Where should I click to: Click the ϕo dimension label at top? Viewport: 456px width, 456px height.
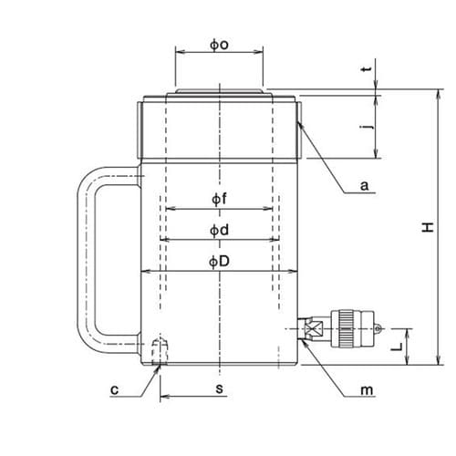tap(219, 45)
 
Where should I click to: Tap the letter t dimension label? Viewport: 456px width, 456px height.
tap(368, 69)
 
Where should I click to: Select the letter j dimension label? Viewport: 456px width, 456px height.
tap(368, 127)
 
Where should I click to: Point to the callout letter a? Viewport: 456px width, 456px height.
tap(364, 185)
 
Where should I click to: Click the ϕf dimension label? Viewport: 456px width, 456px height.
tap(219, 199)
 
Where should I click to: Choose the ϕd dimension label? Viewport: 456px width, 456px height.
tap(219, 230)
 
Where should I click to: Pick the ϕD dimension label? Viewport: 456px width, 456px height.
tap(219, 262)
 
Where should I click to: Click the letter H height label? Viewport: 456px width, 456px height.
tap(428, 227)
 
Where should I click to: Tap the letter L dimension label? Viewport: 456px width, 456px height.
tap(397, 347)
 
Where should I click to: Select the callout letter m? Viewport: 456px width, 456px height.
tap(367, 389)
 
